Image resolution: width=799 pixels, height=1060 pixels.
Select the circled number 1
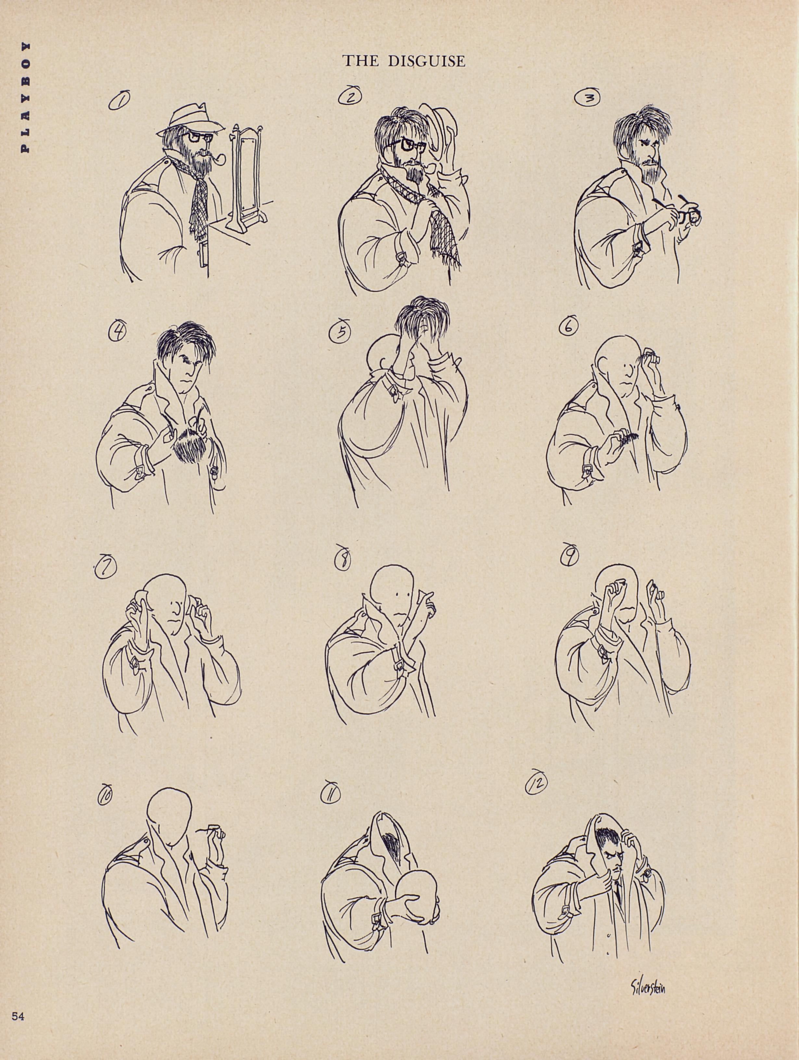point(118,102)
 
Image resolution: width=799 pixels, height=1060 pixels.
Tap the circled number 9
point(570,555)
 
